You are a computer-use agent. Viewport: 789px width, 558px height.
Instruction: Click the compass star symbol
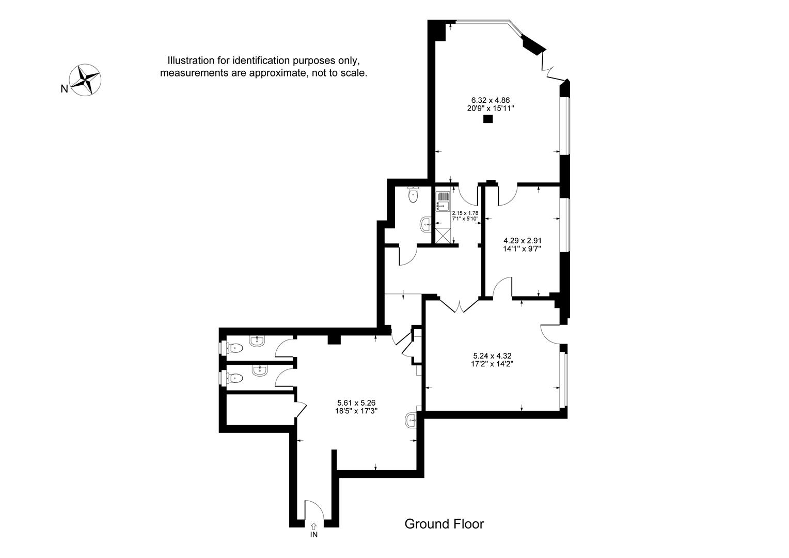[85, 80]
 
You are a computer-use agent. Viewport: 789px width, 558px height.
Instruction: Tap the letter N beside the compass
[64, 89]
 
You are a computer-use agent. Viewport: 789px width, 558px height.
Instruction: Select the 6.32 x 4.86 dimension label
[491, 100]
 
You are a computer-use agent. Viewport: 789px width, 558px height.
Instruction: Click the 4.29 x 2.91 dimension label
[523, 241]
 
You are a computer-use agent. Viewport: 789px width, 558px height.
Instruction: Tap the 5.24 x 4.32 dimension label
[492, 356]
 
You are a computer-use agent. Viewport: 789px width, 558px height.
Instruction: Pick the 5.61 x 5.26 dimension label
[356, 402]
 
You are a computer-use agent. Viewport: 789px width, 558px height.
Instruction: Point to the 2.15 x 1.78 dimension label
[465, 213]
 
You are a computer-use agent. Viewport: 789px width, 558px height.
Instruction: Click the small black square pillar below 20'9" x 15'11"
[488, 119]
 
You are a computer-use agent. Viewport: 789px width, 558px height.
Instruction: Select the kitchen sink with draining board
[443, 202]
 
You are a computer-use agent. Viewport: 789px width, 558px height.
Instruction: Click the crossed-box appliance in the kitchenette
[443, 236]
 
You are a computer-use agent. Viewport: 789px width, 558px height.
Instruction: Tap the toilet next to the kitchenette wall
[413, 194]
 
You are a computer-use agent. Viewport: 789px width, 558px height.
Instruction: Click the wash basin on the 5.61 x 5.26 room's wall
[411, 421]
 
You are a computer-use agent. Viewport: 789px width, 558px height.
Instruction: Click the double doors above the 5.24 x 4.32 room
[459, 305]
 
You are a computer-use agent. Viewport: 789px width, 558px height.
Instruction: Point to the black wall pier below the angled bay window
[533, 45]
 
